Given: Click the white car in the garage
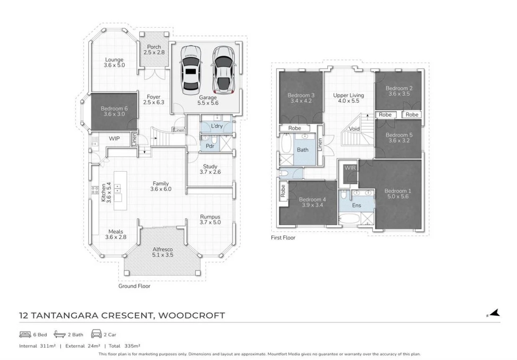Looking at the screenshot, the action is [190, 70].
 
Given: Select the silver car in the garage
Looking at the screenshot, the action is [224, 70].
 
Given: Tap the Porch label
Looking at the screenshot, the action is [154, 46].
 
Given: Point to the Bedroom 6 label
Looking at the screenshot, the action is [114, 108].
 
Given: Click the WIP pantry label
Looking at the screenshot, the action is [114, 139].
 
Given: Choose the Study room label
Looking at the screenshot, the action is [210, 166].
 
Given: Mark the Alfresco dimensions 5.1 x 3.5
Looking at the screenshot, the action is [162, 255].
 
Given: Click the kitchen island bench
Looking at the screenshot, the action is [120, 190].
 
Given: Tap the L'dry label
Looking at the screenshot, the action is [217, 126].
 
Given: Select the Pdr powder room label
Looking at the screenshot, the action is [210, 146].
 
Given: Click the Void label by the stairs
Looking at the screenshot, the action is [354, 129].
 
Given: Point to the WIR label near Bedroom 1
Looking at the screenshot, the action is [350, 168].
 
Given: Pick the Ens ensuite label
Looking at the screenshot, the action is [356, 205].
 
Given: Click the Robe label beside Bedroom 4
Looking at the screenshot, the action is [283, 191].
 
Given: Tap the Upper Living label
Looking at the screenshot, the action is [349, 95].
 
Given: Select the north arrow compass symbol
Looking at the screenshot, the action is [493, 314].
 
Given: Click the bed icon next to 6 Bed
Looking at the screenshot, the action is [25, 334].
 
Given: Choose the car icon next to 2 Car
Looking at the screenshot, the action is [96, 334].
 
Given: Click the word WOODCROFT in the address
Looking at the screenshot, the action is [192, 316].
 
